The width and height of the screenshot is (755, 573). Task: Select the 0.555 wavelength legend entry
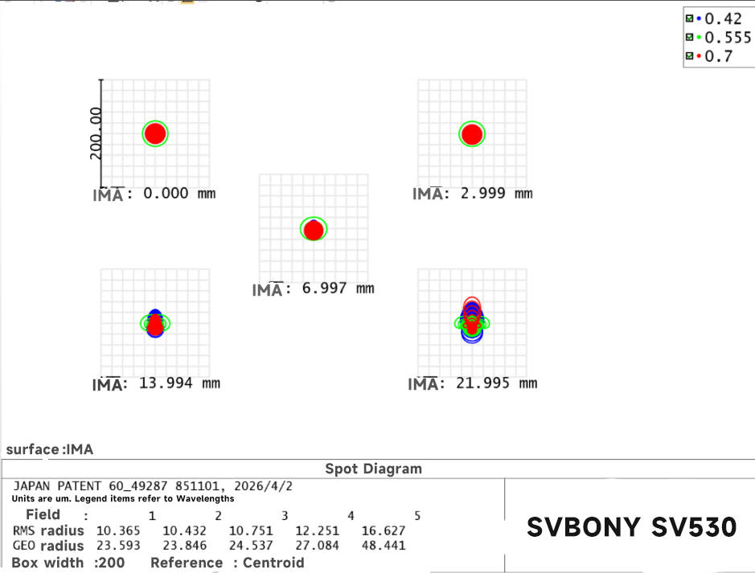point(718,38)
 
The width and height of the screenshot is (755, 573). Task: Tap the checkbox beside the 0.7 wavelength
point(690,56)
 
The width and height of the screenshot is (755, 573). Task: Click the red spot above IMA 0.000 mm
point(155,133)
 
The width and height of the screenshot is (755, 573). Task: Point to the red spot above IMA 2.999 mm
point(472,134)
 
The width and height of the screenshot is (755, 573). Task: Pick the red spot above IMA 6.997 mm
point(314,230)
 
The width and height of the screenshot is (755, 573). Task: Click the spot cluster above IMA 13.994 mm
point(155,323)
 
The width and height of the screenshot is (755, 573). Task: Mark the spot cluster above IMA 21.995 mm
point(472,320)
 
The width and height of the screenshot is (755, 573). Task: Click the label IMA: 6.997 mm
point(313,289)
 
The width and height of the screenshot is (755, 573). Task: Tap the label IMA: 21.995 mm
point(472,383)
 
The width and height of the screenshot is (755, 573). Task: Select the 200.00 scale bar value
point(96,133)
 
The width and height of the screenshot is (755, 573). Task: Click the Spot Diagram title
point(374,469)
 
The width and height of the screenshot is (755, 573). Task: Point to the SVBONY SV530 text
point(632,527)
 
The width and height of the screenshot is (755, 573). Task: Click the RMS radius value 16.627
point(384,530)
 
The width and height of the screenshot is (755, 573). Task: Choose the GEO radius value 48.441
point(384,546)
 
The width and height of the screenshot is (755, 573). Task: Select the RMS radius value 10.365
point(118,530)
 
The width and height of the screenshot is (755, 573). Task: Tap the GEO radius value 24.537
point(251,546)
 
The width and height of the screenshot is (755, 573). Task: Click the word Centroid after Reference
point(273,563)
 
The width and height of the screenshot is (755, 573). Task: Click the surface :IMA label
point(50,449)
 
